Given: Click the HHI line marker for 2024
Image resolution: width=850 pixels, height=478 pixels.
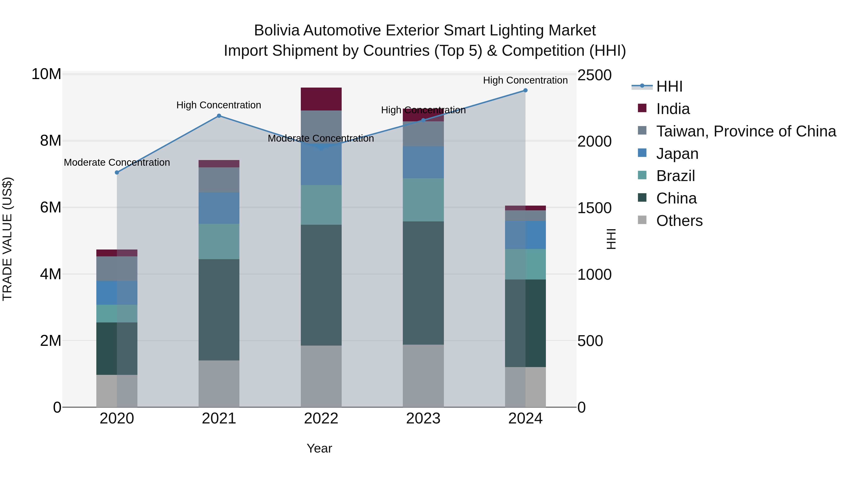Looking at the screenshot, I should click(x=525, y=90).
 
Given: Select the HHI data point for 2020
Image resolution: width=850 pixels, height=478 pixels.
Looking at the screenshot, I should click(x=117, y=173).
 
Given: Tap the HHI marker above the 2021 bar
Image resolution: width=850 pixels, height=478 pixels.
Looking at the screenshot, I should click(x=219, y=116).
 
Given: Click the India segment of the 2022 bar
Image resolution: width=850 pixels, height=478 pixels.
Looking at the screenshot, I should click(x=321, y=99).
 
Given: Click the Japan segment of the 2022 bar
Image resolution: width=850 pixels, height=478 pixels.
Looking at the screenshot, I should click(x=321, y=165).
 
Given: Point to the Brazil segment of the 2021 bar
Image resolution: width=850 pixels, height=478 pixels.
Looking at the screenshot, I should click(x=219, y=241).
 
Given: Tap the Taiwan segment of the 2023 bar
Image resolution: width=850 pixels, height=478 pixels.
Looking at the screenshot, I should click(x=423, y=134).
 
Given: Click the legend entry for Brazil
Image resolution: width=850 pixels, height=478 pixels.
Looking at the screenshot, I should click(x=676, y=176).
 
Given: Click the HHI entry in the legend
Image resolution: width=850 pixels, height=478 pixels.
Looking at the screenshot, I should click(x=669, y=86).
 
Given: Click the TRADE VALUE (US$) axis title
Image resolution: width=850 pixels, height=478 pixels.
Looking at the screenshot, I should click(x=7, y=239).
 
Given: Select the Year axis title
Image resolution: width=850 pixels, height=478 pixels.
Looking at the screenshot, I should click(x=319, y=448).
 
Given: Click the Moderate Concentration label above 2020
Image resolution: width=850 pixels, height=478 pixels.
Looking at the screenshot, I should click(x=117, y=162).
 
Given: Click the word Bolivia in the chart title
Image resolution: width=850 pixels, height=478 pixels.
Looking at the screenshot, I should click(x=276, y=30).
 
